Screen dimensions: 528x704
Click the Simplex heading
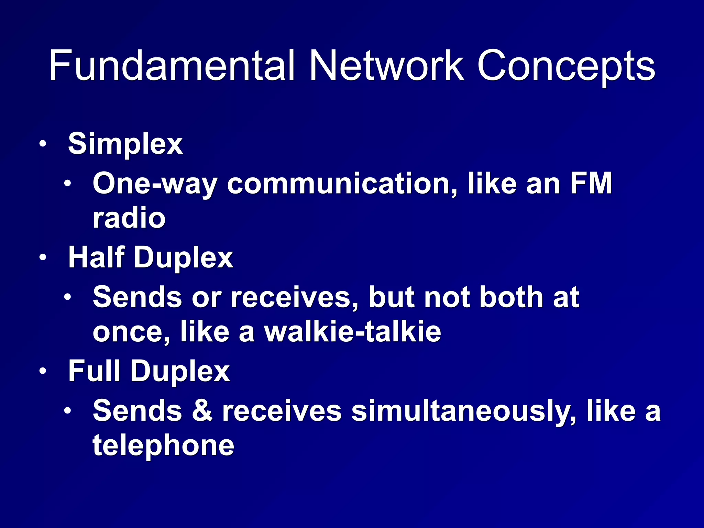click(125, 144)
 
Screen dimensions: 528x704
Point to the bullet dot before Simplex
click(42, 144)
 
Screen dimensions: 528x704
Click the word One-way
click(155, 184)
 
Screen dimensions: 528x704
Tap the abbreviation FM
click(591, 184)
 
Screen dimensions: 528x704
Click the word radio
click(129, 218)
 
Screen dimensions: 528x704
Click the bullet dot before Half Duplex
click(42, 257)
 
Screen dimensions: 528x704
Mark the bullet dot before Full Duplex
click(42, 371)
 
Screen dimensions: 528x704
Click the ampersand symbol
click(202, 411)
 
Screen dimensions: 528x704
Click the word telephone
click(164, 445)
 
